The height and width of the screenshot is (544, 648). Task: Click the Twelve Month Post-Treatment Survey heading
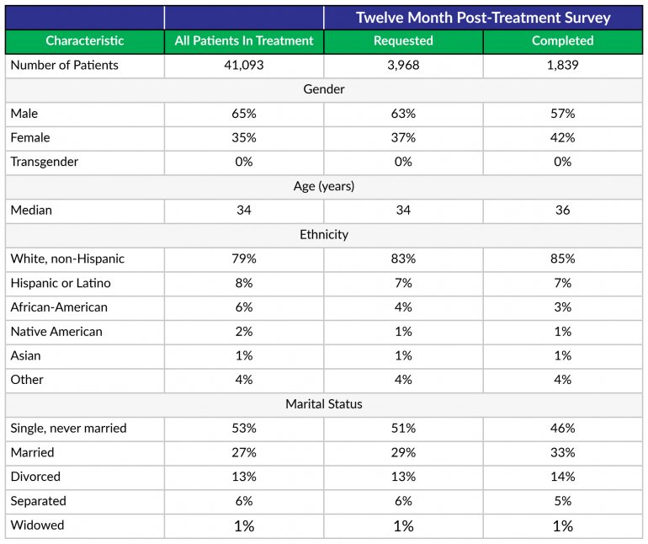click(x=483, y=18)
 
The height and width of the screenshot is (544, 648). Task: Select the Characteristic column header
click(x=84, y=40)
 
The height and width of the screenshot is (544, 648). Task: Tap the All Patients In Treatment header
click(x=244, y=40)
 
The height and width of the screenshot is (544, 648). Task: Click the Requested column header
click(x=403, y=40)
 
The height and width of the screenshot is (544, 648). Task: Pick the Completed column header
click(x=562, y=40)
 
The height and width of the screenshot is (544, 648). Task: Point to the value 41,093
click(x=244, y=65)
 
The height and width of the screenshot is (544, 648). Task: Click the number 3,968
click(x=403, y=65)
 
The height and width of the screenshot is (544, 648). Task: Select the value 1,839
click(x=562, y=65)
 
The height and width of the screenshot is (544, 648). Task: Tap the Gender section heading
click(x=324, y=89)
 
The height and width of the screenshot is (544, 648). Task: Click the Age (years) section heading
click(x=324, y=186)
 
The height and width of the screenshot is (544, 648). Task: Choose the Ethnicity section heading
click(x=324, y=235)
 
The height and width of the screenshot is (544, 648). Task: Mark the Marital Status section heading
click(x=324, y=404)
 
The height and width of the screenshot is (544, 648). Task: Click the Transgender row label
click(x=45, y=162)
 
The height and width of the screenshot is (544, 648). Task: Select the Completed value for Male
click(x=562, y=114)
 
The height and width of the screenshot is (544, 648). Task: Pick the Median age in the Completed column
click(x=562, y=211)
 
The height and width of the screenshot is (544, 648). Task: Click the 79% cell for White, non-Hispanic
click(x=244, y=259)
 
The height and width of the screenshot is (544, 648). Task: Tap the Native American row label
click(x=56, y=331)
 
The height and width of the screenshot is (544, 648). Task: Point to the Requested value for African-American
click(x=403, y=307)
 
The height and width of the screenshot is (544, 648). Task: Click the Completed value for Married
click(x=562, y=452)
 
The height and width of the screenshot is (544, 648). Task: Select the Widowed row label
click(x=37, y=525)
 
